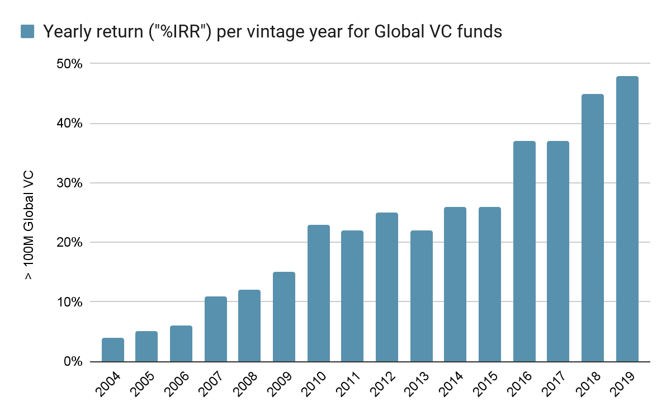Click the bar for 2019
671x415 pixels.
pyautogui.click(x=627, y=219)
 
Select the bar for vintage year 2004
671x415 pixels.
pyautogui.click(x=113, y=350)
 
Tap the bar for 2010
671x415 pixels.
pyautogui.click(x=319, y=293)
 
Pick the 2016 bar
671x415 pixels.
pyautogui.click(x=524, y=251)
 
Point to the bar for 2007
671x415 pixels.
pyautogui.click(x=216, y=329)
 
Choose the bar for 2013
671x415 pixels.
pyautogui.click(x=421, y=296)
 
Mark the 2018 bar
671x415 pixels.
pyautogui.click(x=593, y=228)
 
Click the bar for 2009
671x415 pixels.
pyautogui.click(x=284, y=317)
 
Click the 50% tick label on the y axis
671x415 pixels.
pyautogui.click(x=70, y=64)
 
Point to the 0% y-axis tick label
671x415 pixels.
pyautogui.click(x=73, y=361)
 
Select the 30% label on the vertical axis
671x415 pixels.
pyautogui.click(x=70, y=183)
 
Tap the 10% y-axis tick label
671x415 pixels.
pyautogui.click(x=70, y=302)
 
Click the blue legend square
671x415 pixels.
pyautogui.click(x=27, y=31)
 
